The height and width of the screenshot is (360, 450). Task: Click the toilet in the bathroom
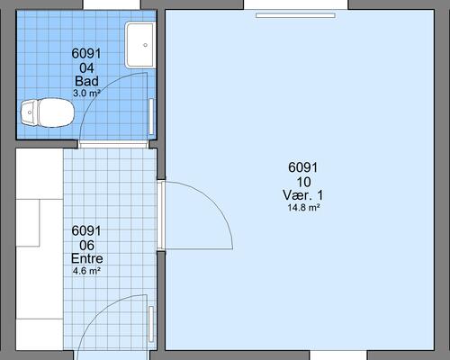pos(48,112)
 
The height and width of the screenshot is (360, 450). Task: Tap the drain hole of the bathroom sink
pos(146,45)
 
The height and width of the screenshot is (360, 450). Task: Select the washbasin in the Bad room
pos(140,45)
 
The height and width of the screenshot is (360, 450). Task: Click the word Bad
pos(86,81)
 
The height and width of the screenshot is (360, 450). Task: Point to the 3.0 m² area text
pos(86,93)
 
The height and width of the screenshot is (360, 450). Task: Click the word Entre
pos(87,258)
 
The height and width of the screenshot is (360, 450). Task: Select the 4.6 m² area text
pos(86,271)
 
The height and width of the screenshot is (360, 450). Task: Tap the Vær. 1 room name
pos(303,195)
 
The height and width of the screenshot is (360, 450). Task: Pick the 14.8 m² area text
pos(303,207)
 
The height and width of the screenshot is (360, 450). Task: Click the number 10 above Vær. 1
pos(303,182)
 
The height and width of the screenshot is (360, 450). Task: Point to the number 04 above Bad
pos(86,68)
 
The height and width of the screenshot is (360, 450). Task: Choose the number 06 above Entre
pos(86,246)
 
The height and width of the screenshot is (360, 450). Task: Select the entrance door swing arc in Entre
pos(97,313)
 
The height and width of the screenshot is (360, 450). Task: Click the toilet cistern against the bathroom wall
pos(29,112)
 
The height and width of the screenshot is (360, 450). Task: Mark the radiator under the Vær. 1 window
pos(295,15)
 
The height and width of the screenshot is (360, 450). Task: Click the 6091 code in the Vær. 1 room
pos(303,167)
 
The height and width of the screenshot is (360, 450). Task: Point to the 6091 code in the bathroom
pos(86,53)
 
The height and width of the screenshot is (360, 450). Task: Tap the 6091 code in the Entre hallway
pos(86,230)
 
